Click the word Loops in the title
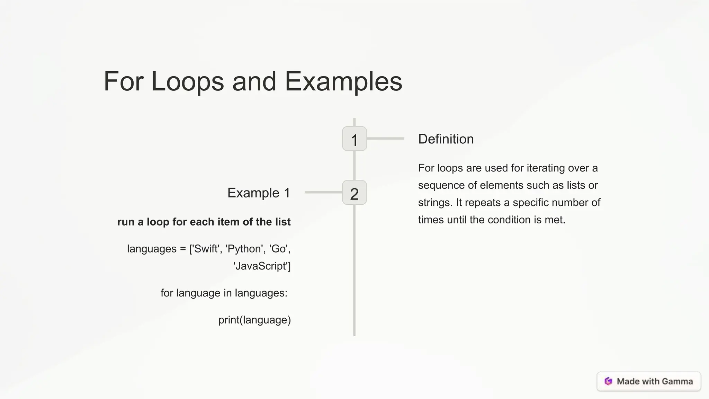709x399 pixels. (x=188, y=82)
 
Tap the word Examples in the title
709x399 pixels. (x=343, y=82)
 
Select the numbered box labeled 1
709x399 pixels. (x=354, y=139)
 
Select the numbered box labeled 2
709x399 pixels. (x=354, y=193)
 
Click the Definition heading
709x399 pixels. (x=446, y=139)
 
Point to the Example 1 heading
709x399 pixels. (x=259, y=193)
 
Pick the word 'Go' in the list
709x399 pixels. (x=279, y=249)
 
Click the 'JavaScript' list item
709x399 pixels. (x=262, y=266)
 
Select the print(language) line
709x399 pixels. (x=254, y=320)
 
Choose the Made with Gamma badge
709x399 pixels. (x=649, y=381)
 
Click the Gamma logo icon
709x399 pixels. (x=608, y=381)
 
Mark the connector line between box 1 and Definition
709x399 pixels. (x=385, y=139)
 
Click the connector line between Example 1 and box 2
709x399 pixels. (x=323, y=192)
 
